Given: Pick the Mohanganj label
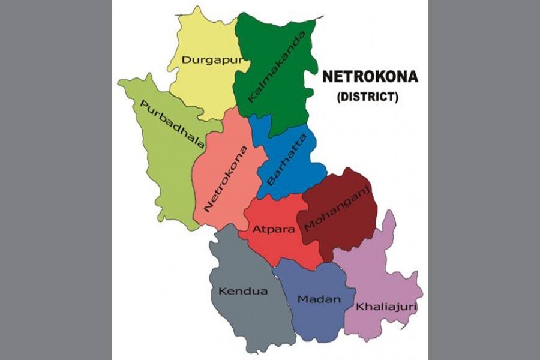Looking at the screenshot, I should click(x=338, y=208).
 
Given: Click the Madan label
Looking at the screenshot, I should click(x=319, y=299).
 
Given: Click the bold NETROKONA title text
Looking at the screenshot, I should click(x=370, y=77).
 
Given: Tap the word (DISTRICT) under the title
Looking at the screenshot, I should click(x=367, y=96).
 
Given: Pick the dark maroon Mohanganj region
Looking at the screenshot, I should click(x=348, y=234).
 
